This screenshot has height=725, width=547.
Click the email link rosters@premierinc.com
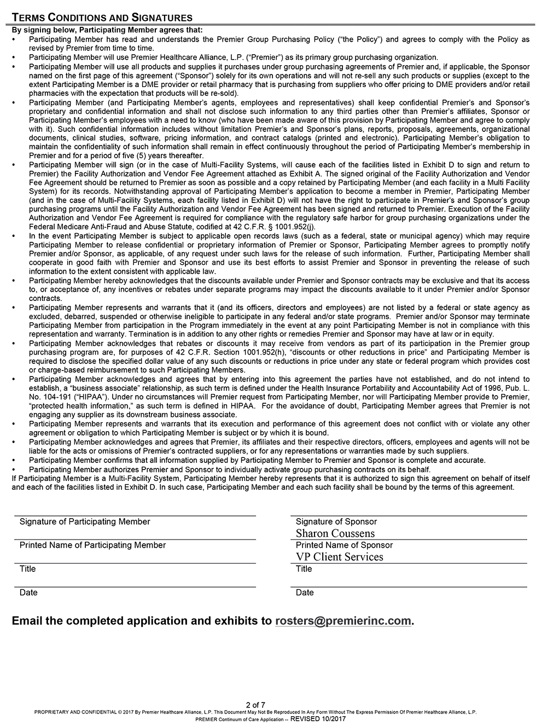click(x=343, y=620)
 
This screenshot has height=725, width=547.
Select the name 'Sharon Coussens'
click(x=335, y=533)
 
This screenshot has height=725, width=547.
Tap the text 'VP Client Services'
click(x=339, y=556)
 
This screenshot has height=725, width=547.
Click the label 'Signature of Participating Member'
click(x=85, y=521)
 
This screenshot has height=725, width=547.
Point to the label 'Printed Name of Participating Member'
click(x=92, y=545)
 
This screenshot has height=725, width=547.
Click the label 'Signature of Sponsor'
click(x=336, y=521)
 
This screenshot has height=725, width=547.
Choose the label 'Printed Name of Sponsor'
click(x=344, y=545)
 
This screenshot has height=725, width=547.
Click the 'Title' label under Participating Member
click(x=27, y=569)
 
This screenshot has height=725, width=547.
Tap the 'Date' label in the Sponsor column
click(x=305, y=593)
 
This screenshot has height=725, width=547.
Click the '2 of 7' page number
click(x=255, y=704)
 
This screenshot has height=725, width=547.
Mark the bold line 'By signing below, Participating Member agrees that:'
click(x=107, y=30)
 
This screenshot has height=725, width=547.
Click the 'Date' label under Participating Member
click(x=28, y=593)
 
